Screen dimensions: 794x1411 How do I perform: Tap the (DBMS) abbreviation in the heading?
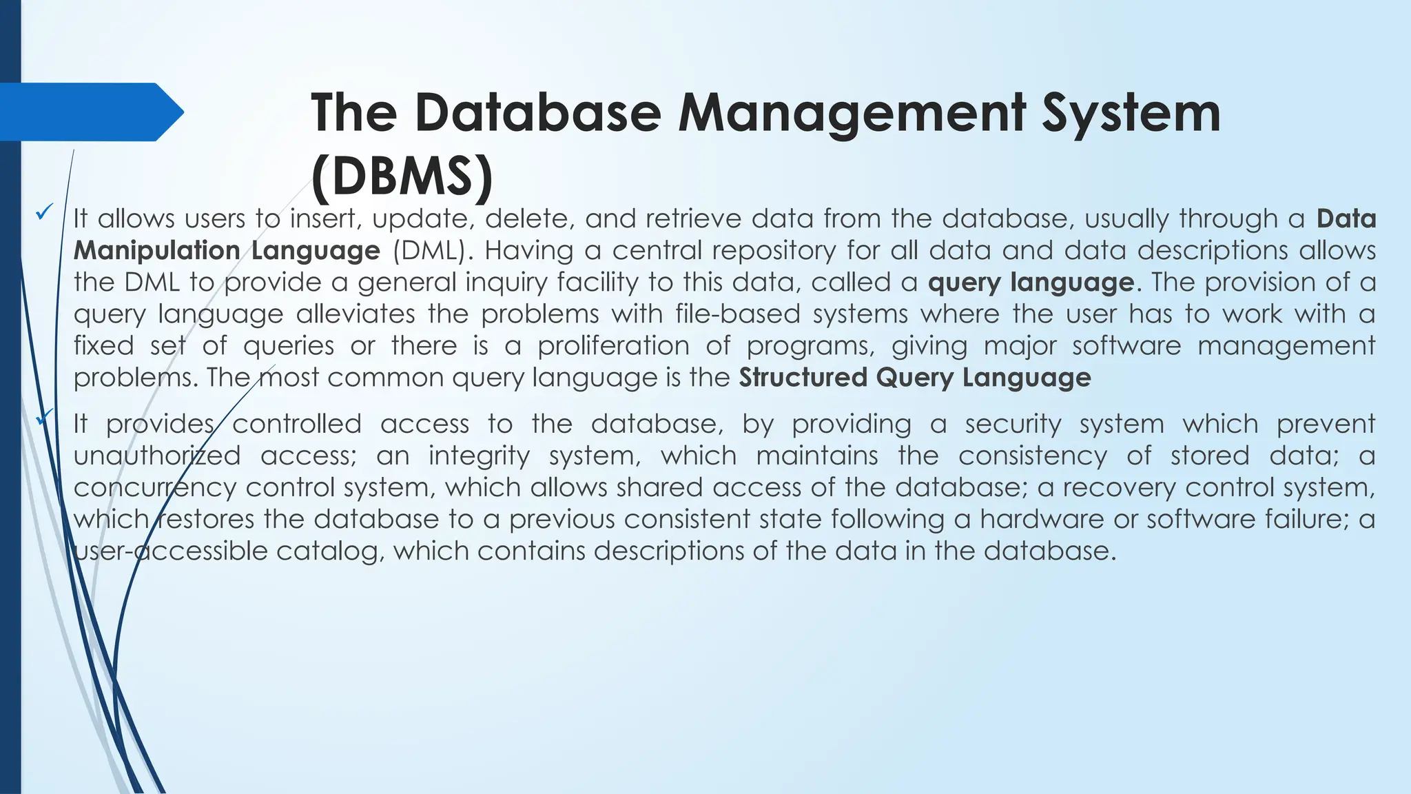tap(402, 176)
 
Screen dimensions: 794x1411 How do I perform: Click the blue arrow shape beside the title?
tap(92, 112)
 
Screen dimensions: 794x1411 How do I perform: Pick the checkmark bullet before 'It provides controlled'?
tap(45, 417)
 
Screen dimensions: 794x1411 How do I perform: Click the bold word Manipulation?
tap(156, 251)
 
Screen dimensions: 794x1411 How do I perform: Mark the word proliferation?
tap(613, 346)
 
